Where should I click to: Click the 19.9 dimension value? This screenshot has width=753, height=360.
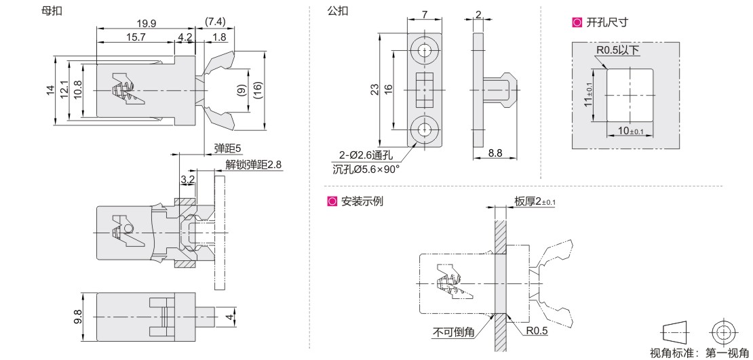146,23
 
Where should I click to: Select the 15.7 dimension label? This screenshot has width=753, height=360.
135,37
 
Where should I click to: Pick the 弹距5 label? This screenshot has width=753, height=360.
227,148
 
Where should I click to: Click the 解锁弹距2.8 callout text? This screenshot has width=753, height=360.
252,165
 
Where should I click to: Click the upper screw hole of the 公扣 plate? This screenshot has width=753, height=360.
425,50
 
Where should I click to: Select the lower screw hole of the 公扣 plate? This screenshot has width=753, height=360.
425,127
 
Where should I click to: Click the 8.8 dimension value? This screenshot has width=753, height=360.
495,154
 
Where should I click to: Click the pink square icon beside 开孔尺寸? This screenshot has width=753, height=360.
577,22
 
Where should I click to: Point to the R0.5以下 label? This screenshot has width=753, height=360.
618,50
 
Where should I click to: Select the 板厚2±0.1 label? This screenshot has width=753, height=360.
534,201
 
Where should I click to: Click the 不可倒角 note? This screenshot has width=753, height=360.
454,332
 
